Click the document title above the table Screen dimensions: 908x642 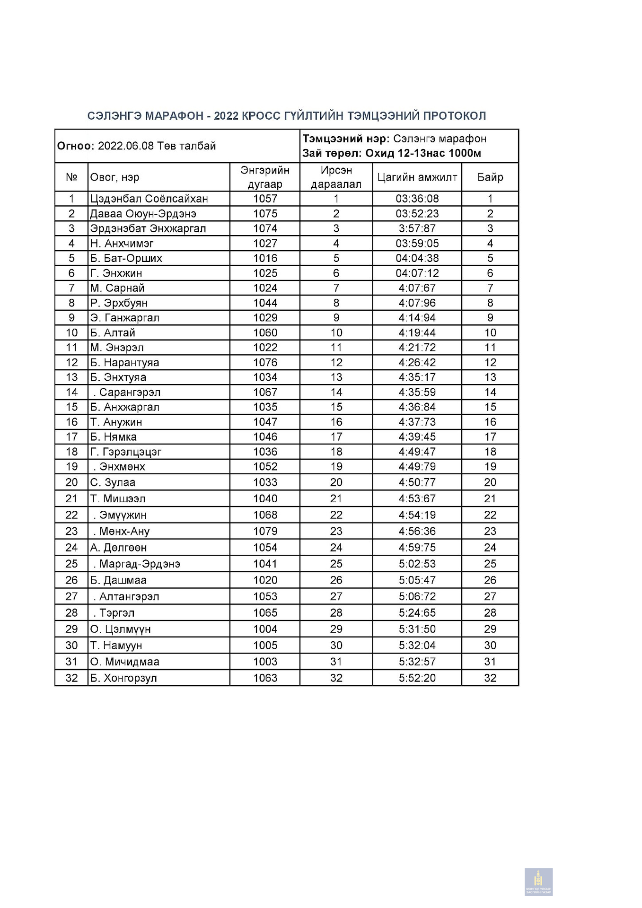[287, 116]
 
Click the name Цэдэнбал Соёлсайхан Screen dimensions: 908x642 [149, 199]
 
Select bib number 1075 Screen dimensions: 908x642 [265, 214]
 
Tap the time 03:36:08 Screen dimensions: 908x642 [417, 199]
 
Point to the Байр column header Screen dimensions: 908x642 [490, 177]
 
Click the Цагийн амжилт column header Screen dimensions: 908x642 [417, 177]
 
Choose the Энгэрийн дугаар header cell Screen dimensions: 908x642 [265, 177]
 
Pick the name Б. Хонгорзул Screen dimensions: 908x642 [123, 678]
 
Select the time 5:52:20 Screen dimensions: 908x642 [417, 678]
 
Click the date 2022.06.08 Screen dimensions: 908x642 [126, 146]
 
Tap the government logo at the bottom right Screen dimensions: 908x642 [538, 882]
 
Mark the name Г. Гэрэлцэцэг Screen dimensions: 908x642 [126, 452]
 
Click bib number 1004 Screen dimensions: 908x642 [265, 629]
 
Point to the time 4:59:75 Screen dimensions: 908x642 [417, 548]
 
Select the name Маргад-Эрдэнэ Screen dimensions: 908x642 [140, 564]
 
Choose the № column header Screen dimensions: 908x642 [71, 177]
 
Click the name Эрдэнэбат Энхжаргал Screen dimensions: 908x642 [148, 228]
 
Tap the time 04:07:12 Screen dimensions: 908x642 [417, 273]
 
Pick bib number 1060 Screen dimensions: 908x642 [265, 333]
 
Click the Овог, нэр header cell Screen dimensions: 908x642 [115, 177]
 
